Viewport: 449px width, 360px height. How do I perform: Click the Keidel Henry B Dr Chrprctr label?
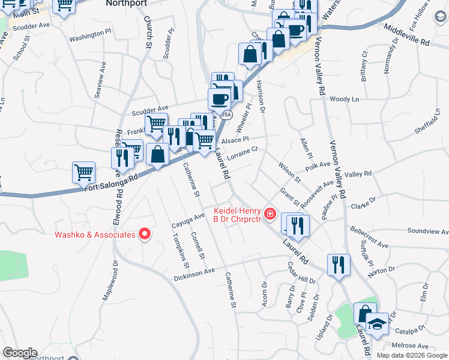(x=238, y=215)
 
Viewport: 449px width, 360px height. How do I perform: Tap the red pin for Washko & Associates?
(x=145, y=235)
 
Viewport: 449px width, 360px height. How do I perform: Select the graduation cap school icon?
(x=377, y=325)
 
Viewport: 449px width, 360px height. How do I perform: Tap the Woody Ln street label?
(x=344, y=99)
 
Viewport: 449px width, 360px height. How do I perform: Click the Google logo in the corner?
(x=20, y=353)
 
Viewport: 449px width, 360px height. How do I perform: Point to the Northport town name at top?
(x=126, y=3)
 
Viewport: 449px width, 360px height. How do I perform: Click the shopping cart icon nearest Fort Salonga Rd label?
(x=83, y=173)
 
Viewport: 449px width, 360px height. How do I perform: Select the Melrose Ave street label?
(x=411, y=346)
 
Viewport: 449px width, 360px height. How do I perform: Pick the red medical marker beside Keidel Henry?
(x=270, y=213)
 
